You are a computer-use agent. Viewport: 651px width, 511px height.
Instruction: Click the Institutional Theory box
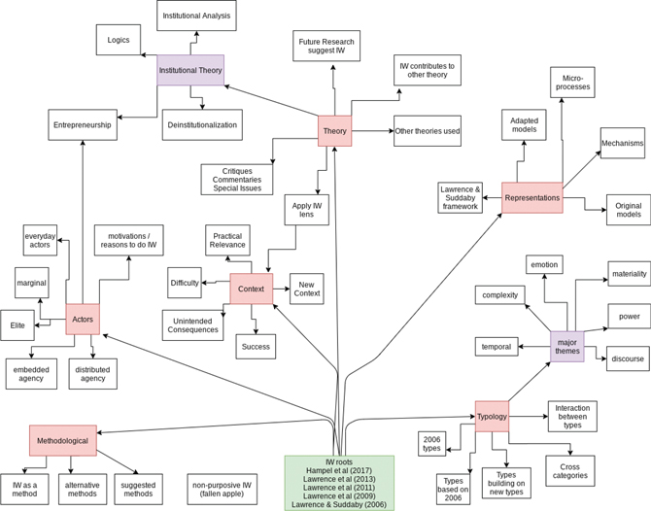[190, 70]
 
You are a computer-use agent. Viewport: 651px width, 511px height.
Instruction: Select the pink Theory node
[334, 131]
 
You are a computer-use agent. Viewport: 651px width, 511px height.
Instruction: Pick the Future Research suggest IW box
[326, 46]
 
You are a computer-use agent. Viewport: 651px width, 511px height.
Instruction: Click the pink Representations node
[531, 198]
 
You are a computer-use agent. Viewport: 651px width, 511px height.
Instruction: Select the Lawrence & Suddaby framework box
[460, 197]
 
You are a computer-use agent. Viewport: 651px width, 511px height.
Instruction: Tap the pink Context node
[252, 289]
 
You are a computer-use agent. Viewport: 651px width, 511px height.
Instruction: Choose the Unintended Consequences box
[192, 324]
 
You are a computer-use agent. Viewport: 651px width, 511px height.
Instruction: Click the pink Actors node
[83, 319]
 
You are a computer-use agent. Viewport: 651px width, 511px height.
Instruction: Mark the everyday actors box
[40, 240]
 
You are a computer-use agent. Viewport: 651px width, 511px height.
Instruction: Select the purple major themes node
[566, 346]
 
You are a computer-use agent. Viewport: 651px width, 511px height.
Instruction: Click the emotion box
[543, 264]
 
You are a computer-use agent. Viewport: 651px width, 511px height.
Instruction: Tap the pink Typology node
[492, 416]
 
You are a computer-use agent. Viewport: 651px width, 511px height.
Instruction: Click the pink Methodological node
[62, 440]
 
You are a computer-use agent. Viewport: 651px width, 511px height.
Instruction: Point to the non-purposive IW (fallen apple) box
[222, 490]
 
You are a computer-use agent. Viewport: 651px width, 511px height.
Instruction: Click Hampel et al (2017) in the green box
[339, 471]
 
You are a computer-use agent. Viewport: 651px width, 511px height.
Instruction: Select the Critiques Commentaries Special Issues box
[237, 179]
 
